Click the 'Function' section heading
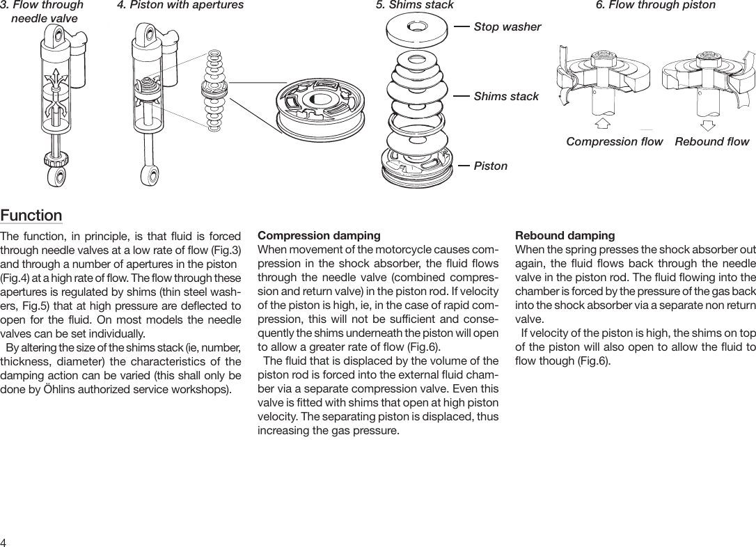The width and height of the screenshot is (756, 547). [x=31, y=215]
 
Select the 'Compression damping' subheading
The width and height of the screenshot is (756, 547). [x=319, y=236]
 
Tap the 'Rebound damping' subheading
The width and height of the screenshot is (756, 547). [x=565, y=236]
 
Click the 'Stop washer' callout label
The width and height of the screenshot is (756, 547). [x=507, y=27]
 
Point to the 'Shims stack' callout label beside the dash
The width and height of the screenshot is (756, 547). [x=506, y=96]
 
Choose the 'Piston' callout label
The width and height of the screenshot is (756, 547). [x=490, y=166]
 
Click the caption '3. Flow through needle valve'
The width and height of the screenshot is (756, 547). [x=42, y=11]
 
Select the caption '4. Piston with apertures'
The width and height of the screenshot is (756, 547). [x=180, y=5]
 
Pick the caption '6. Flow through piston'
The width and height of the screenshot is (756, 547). [x=655, y=5]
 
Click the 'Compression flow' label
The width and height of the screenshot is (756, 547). [x=614, y=141]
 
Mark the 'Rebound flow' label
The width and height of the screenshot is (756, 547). [x=711, y=141]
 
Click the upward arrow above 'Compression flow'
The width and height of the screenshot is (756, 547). [x=603, y=123]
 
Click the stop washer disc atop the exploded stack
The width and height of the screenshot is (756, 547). [x=416, y=29]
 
